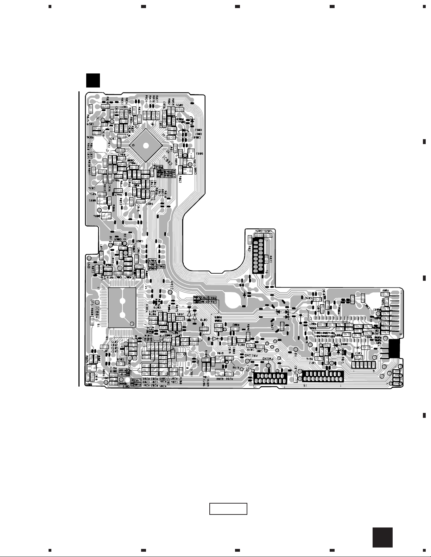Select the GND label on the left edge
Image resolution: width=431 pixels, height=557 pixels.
click(88, 264)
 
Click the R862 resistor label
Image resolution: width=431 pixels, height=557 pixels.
click(180, 180)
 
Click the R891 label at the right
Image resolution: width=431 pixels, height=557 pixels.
click(385, 291)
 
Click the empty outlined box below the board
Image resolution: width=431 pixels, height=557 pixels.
click(228, 509)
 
